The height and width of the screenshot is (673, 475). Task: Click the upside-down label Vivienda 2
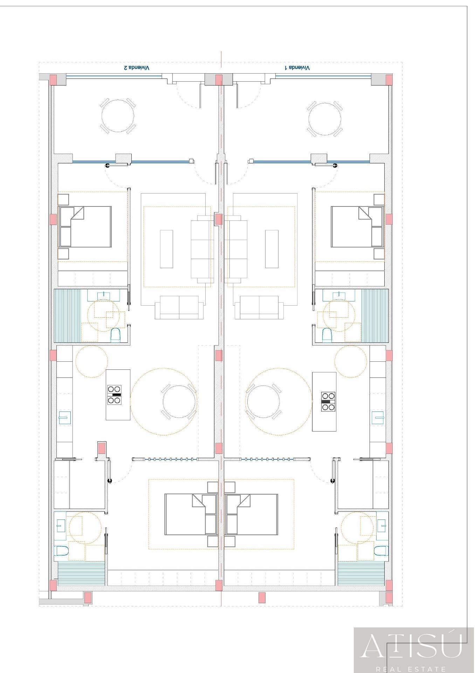[x=137, y=68]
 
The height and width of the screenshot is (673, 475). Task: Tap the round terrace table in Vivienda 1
[x=325, y=119]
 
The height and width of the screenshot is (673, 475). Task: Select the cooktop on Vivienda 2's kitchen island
[x=114, y=395]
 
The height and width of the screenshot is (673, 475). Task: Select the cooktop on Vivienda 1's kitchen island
[x=328, y=401]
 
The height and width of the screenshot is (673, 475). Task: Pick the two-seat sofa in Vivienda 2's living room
[x=179, y=307]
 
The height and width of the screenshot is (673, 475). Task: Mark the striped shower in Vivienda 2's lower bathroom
[x=81, y=574]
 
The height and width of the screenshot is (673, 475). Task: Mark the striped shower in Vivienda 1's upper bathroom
[x=375, y=315]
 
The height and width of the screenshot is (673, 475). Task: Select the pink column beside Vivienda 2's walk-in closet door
[x=102, y=448]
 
